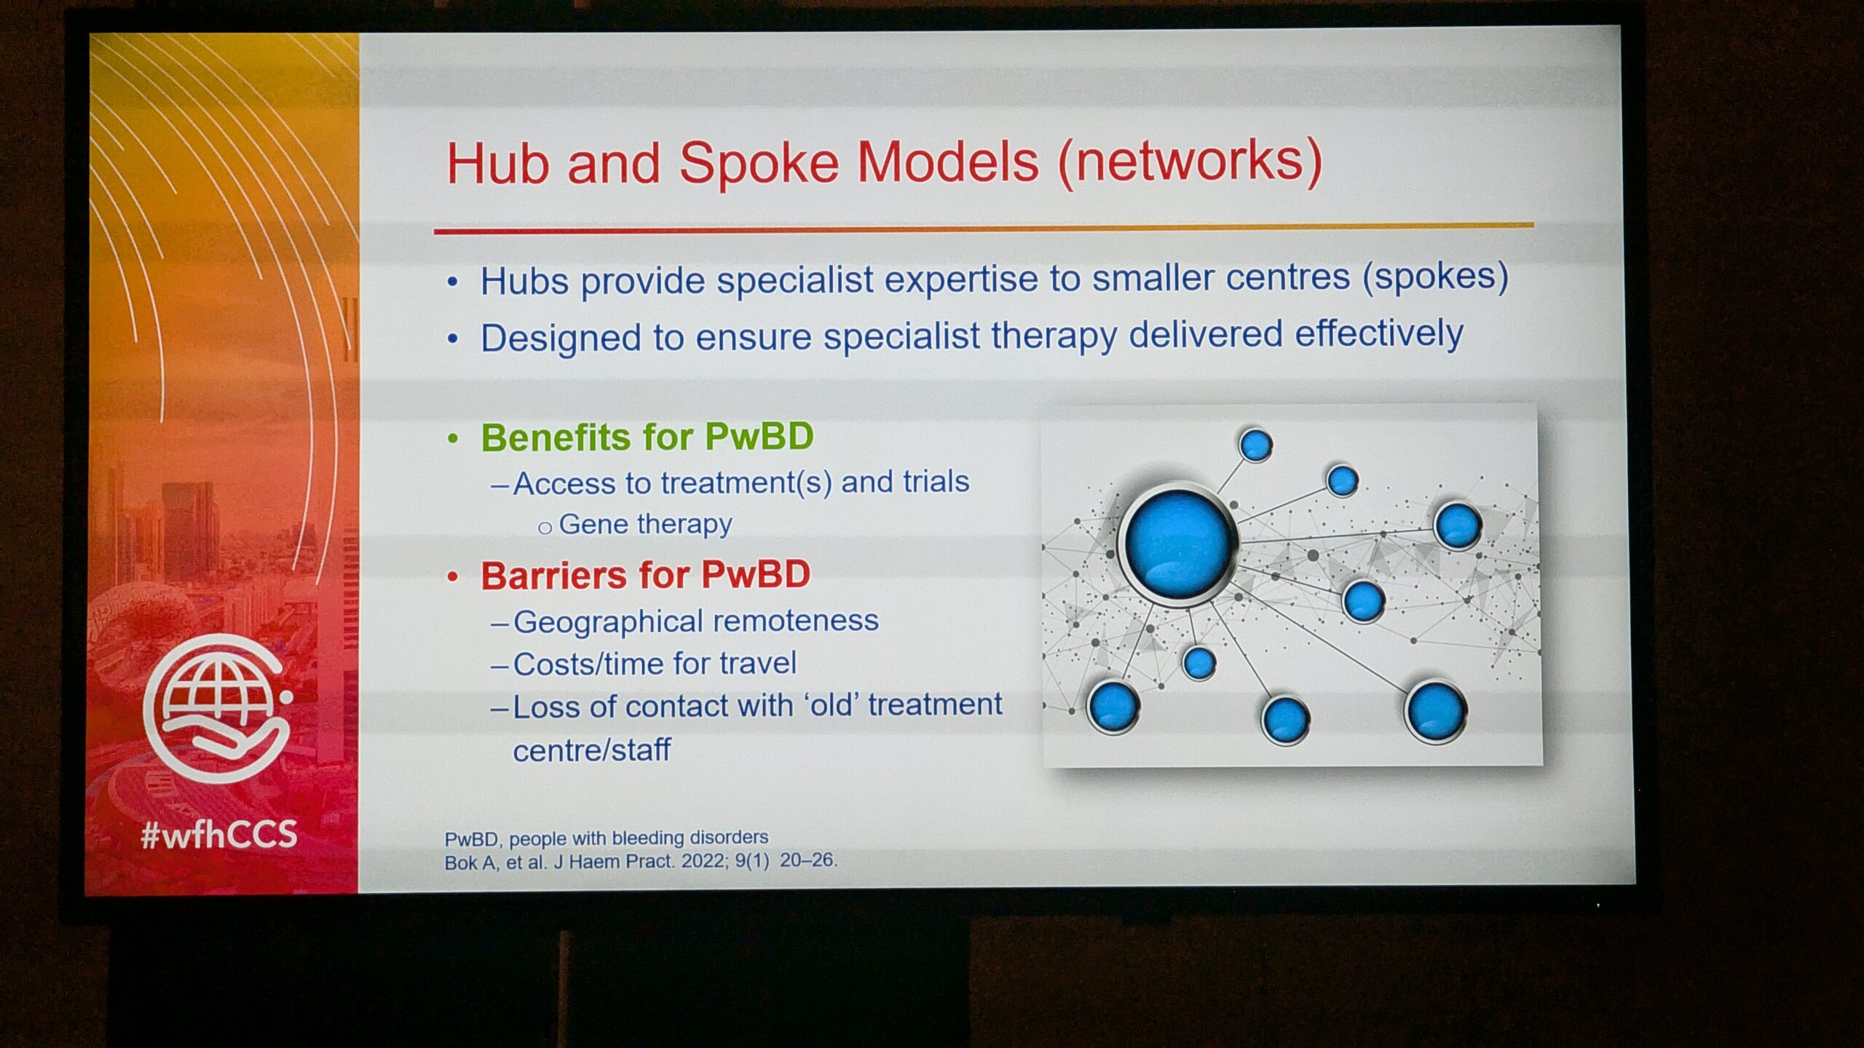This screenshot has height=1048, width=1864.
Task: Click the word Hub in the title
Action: pos(497,163)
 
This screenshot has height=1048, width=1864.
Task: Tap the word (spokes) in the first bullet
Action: pos(1435,277)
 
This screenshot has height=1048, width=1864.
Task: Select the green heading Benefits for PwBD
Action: pos(647,437)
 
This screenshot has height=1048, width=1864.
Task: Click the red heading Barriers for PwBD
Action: pos(645,575)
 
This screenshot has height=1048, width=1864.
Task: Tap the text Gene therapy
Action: pos(645,524)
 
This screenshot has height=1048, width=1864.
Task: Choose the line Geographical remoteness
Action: pos(696,621)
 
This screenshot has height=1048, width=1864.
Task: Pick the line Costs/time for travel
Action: pos(655,664)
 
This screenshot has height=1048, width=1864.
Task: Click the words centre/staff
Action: pos(591,750)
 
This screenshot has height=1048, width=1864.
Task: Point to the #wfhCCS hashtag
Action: pos(219,833)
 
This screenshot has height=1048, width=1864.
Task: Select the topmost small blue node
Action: pos(1255,445)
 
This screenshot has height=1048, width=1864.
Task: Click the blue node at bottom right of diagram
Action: pos(1436,712)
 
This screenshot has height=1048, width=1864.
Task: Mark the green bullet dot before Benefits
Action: pos(453,438)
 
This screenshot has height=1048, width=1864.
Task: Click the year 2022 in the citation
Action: pos(702,862)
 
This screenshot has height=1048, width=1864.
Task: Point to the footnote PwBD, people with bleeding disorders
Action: pos(607,838)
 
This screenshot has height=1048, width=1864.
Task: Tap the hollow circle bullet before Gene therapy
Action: pos(545,528)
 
